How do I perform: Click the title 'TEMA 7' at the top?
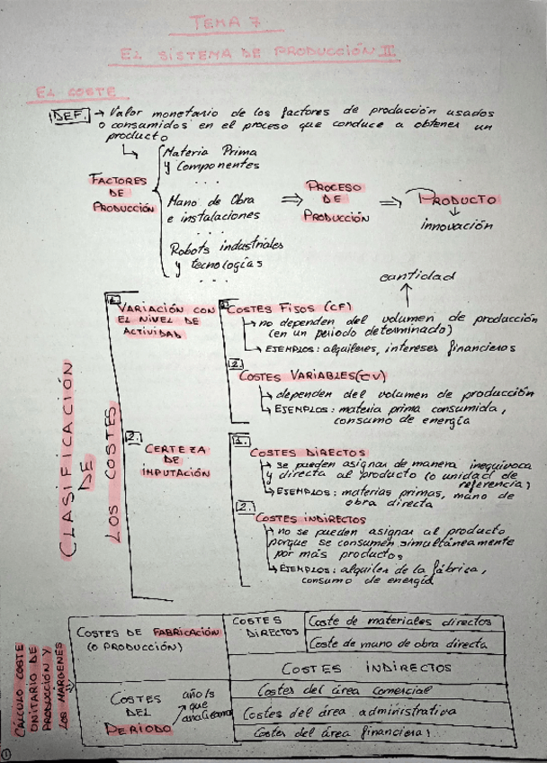(237, 21)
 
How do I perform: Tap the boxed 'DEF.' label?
(69, 116)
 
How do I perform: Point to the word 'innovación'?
(457, 226)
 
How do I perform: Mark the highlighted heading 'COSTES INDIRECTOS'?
(303, 518)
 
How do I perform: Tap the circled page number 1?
(7, 754)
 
